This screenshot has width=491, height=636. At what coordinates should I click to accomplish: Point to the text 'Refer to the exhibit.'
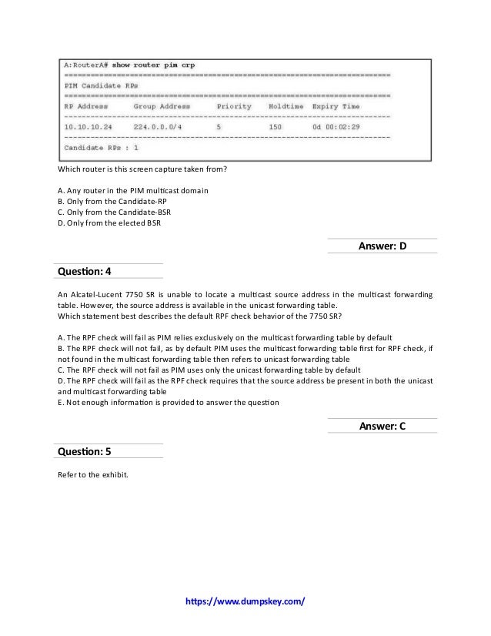pyautogui.click(x=94, y=474)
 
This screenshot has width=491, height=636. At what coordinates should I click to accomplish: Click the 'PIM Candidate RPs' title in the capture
pyautogui.click(x=99, y=85)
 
